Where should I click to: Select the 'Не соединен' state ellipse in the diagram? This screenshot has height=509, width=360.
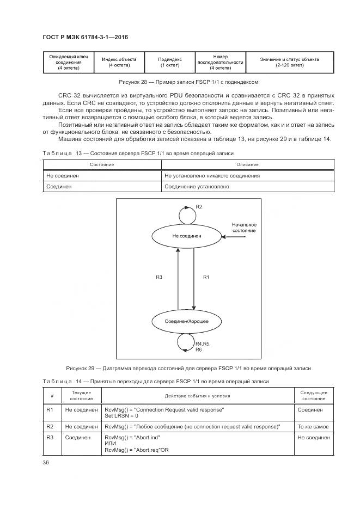click(x=186, y=236)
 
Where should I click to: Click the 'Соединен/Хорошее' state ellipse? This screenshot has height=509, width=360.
click(x=186, y=322)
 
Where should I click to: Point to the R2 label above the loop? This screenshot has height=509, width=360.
click(x=199, y=207)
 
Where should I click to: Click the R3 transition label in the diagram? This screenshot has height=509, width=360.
click(x=159, y=278)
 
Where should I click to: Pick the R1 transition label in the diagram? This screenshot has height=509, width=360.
click(x=206, y=278)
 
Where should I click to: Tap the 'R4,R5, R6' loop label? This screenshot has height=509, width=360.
click(x=203, y=347)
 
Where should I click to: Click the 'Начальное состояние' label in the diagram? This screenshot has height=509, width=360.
click(x=243, y=228)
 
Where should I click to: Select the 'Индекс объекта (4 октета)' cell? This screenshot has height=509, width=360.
click(x=119, y=62)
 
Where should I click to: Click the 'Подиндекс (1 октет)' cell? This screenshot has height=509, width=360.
click(x=170, y=62)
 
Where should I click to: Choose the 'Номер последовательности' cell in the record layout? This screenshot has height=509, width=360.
click(x=220, y=62)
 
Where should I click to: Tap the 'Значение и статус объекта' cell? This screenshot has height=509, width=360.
click(x=289, y=62)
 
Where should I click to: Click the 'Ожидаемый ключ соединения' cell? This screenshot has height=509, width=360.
click(x=69, y=62)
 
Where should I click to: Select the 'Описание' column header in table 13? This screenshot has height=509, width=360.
click(x=247, y=164)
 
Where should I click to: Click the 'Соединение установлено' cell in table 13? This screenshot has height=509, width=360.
click(x=196, y=187)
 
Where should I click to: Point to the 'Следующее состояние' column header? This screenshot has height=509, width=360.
click(x=313, y=395)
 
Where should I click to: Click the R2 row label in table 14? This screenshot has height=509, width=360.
click(x=50, y=427)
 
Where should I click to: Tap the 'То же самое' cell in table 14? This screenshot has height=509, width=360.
click(x=313, y=427)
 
